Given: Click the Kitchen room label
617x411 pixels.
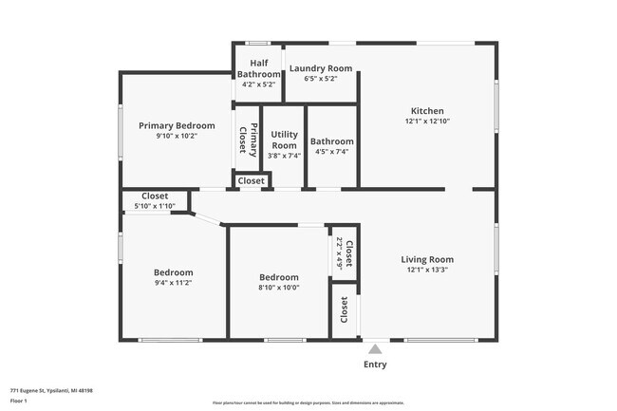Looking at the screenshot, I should [x=426, y=110].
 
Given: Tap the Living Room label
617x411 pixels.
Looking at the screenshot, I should [x=426, y=259].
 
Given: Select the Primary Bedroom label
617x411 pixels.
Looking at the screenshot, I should [x=177, y=125].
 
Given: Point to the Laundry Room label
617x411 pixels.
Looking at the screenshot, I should [x=321, y=68].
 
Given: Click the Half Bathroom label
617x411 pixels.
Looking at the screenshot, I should [x=258, y=68].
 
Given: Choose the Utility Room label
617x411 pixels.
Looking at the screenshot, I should [x=285, y=140].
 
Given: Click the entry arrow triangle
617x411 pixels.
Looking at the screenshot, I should [x=376, y=348].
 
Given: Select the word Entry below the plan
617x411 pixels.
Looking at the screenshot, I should [x=376, y=364].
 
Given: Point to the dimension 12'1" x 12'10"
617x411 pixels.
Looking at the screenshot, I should [x=426, y=121].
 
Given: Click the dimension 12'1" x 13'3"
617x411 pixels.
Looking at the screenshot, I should [x=426, y=271].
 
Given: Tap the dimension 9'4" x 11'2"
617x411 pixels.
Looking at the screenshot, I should [x=174, y=283].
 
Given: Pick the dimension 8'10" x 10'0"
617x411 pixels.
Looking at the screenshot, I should [x=279, y=288].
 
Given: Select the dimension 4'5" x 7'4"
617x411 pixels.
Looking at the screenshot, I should [x=332, y=152].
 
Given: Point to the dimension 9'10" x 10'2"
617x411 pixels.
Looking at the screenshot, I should [x=177, y=136].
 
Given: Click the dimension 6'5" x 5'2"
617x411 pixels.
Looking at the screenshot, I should [x=321, y=80].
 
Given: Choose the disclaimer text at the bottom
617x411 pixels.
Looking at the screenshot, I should [x=308, y=403].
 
